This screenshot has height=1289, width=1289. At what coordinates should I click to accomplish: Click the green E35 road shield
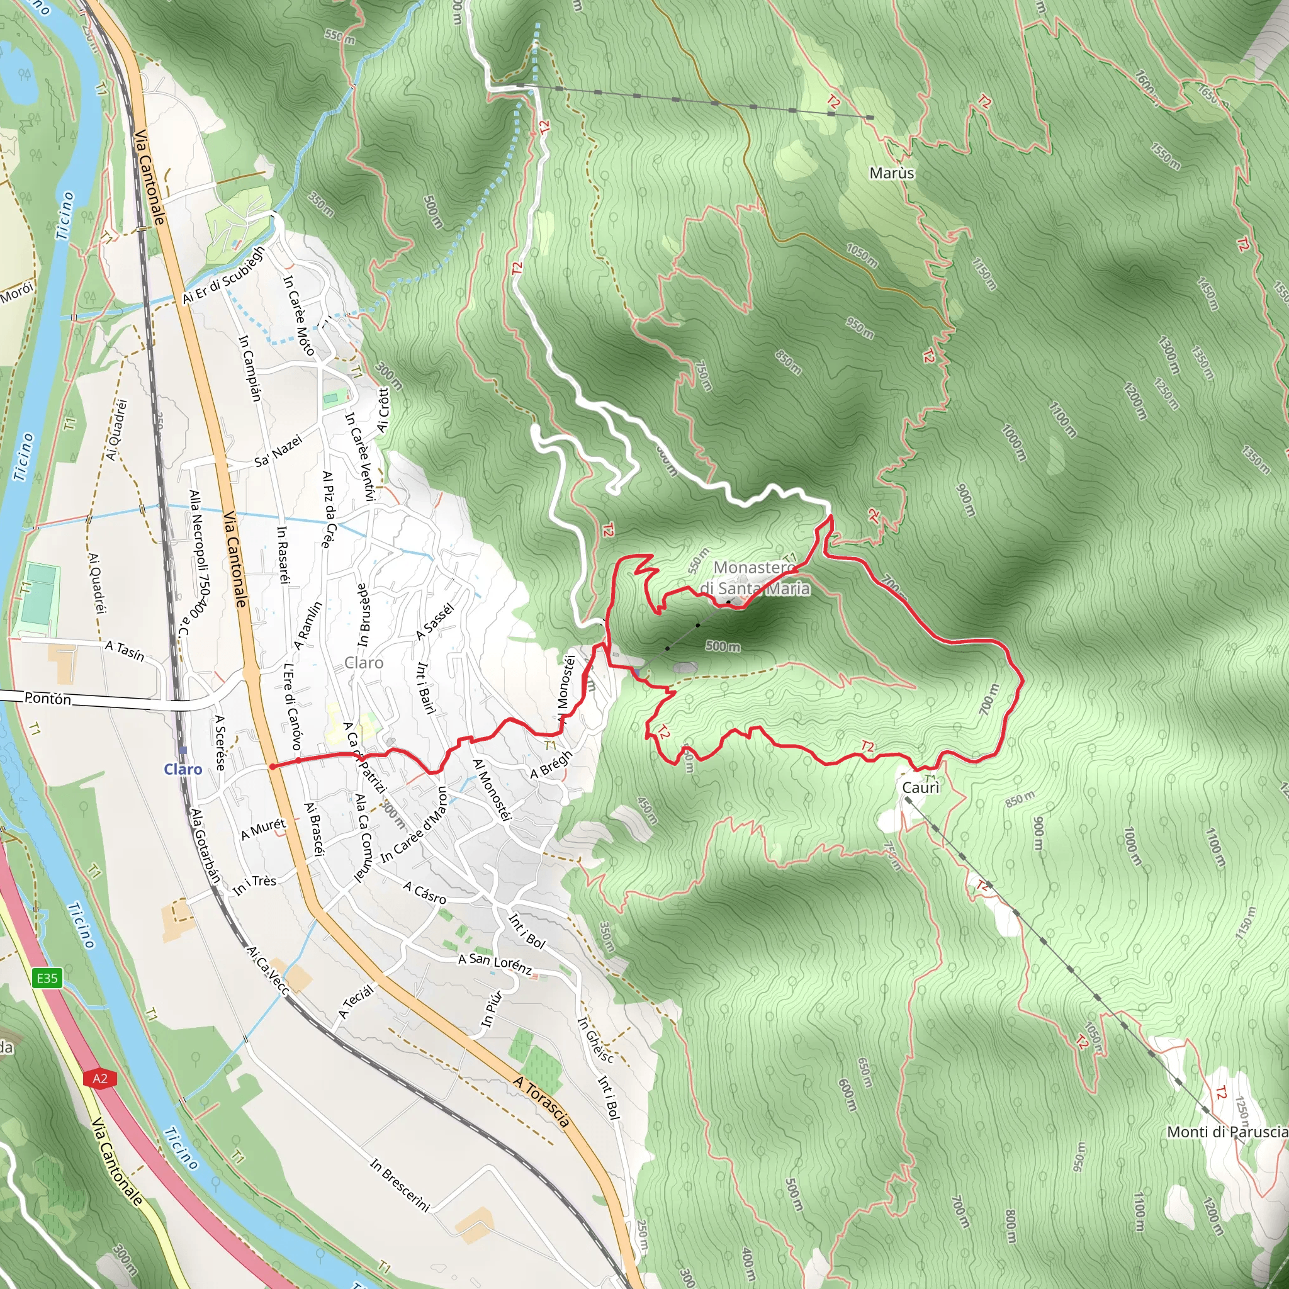47,978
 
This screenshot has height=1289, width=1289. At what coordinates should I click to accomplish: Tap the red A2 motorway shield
100,1078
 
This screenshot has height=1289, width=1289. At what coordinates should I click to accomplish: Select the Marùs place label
891,174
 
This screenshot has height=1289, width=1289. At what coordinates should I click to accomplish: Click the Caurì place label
921,788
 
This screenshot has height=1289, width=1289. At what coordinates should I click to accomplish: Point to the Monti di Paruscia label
1227,1132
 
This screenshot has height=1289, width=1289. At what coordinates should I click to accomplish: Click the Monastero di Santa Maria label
755,578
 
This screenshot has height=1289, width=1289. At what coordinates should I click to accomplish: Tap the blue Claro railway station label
183,769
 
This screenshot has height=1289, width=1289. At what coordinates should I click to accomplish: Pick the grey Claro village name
364,663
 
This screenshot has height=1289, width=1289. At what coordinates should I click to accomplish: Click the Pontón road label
47,699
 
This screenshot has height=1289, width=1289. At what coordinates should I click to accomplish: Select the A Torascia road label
542,1101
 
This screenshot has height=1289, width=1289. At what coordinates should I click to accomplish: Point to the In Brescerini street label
400,1185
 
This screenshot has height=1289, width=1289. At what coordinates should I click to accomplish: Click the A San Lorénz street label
495,964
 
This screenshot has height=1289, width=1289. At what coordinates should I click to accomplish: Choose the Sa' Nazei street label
278,451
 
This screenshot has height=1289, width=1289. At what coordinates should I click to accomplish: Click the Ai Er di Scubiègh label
223,274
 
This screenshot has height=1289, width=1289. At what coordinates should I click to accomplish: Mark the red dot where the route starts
272,767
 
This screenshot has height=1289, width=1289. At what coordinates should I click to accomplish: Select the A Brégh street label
551,765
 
